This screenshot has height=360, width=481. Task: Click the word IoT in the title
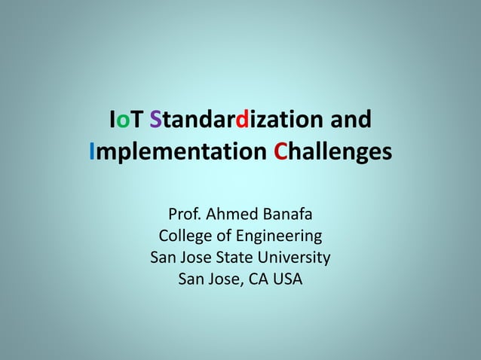[127, 120]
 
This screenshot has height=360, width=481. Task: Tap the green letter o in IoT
[124, 121]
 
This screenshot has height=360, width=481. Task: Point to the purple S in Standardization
[156, 120]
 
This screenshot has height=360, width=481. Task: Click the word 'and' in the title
[351, 120]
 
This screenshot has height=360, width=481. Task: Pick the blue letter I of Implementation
[93, 152]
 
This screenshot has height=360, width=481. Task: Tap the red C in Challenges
[280, 152]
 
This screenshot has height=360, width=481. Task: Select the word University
[295, 258]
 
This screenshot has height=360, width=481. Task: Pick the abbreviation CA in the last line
[256, 279]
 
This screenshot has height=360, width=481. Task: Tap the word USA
[288, 279]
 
